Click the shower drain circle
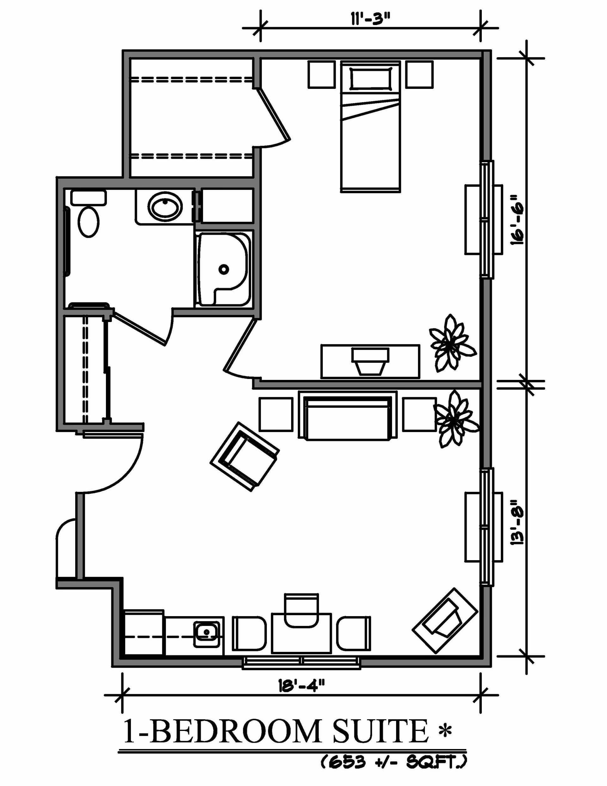click(x=224, y=269)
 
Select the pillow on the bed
click(x=371, y=78)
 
